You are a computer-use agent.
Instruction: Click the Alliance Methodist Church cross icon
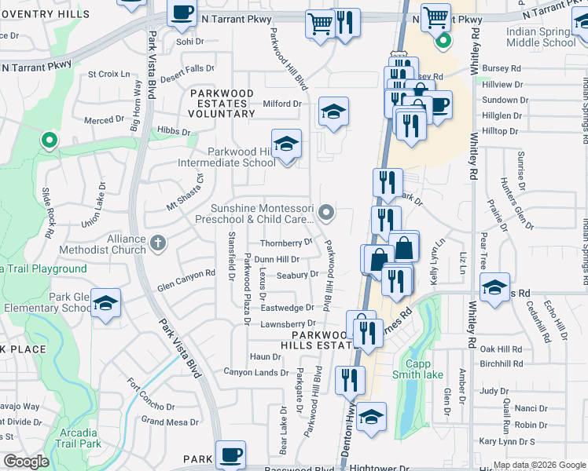[158, 242]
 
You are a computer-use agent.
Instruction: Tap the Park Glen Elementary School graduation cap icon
[105, 302]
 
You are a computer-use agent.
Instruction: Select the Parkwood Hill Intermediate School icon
[286, 143]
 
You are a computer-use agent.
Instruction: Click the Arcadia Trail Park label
[79, 438]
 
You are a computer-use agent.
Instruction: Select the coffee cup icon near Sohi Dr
[182, 13]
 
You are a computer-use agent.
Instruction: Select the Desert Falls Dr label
[187, 74]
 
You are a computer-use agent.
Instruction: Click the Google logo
[26, 462]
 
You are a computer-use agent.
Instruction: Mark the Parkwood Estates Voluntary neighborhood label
[222, 104]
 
